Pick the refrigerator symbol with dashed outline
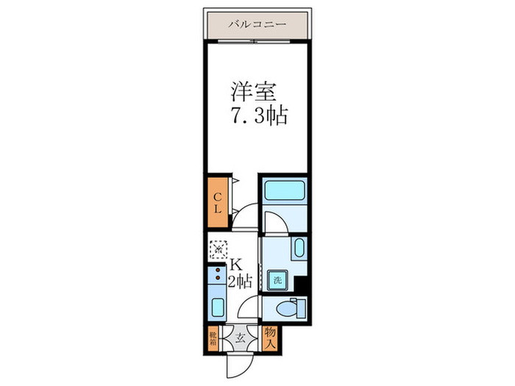pos(218,250)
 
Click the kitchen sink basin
pos(217,307)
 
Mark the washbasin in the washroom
pos(299,248)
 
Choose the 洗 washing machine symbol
pos(277,279)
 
